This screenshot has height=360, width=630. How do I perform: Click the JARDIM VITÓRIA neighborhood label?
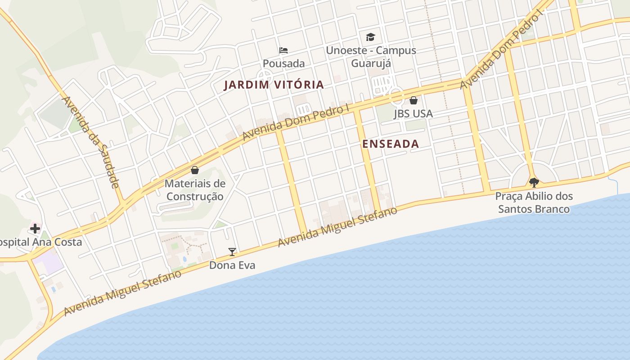(x=274, y=85)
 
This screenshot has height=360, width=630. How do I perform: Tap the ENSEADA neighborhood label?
(x=391, y=144)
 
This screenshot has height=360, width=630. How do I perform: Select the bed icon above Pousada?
(x=283, y=50)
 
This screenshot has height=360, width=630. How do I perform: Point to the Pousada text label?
(x=283, y=63)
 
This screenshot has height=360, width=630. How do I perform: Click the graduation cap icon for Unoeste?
(x=370, y=37)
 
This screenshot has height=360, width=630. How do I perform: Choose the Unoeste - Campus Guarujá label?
(x=371, y=57)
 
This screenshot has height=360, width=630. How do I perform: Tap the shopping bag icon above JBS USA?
(x=414, y=100)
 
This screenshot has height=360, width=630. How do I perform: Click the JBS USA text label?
(x=413, y=113)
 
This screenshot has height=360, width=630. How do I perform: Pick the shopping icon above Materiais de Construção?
(x=195, y=170)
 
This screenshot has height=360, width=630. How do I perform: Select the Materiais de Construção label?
(x=195, y=190)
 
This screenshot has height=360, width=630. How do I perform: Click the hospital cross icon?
(x=35, y=228)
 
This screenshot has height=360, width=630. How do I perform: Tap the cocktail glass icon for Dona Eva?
(x=232, y=252)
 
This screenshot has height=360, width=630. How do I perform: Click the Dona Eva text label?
(x=232, y=265)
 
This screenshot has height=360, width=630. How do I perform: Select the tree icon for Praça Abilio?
(x=534, y=182)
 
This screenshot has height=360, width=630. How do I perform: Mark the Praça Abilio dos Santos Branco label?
(x=534, y=202)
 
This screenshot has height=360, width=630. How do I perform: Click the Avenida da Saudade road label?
(x=91, y=141)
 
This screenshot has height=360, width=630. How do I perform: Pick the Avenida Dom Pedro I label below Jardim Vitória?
(x=296, y=122)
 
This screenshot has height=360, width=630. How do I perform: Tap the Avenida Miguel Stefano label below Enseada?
(x=337, y=227)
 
